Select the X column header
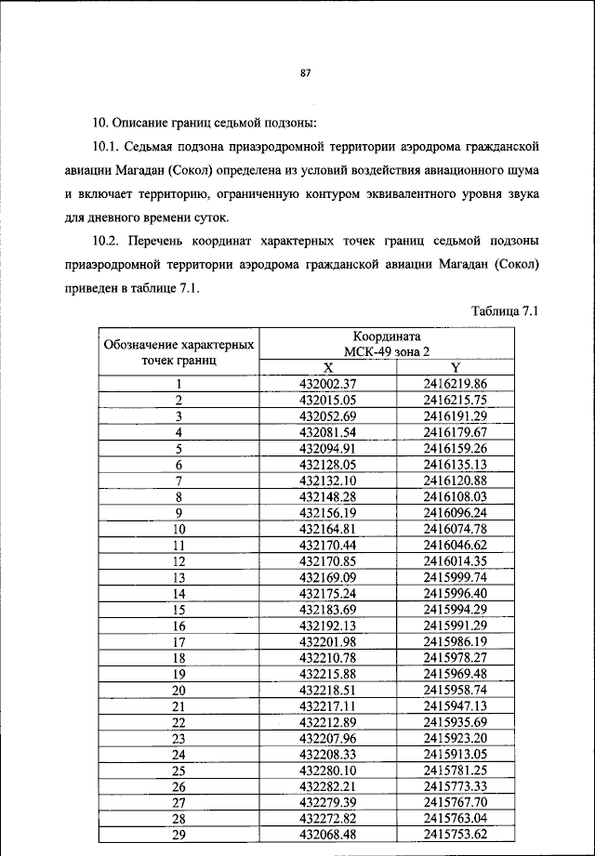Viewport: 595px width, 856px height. point(328,367)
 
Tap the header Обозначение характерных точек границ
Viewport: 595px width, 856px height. point(179,351)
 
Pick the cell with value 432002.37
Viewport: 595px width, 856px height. point(328,383)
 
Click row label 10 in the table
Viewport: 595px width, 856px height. point(178,529)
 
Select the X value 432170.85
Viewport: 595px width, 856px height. point(328,560)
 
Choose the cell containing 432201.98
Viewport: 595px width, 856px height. point(328,641)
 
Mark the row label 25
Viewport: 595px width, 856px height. point(178,770)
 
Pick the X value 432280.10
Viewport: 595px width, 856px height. point(328,770)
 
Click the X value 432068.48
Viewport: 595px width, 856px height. point(328,835)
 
